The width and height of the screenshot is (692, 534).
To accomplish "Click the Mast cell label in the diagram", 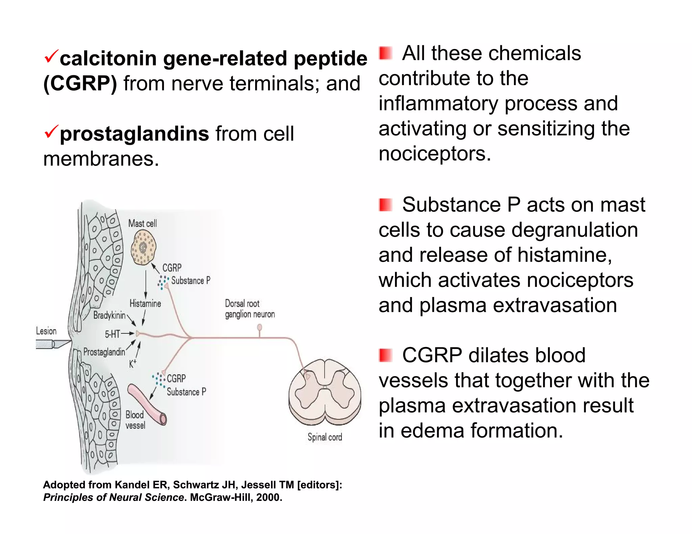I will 142,223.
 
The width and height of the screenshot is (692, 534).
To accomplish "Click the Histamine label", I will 145,303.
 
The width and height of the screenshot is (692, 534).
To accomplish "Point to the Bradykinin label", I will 109,315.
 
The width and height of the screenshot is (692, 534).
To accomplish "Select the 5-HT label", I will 112,334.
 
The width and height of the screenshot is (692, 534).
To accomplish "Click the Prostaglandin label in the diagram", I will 104,352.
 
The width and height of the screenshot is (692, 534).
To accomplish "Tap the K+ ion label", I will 132,364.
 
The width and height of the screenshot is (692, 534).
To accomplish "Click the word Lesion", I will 46,331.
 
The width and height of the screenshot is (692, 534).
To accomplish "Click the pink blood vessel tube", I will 147,404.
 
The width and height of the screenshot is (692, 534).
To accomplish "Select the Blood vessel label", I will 135,420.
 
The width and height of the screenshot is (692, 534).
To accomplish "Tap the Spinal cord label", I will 325,437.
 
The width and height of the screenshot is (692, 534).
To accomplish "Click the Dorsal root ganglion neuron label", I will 249,309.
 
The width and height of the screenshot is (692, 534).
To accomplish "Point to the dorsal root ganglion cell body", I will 259,327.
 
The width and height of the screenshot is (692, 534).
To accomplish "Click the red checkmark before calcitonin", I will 51,56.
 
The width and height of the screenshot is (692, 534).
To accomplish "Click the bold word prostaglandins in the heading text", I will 134,134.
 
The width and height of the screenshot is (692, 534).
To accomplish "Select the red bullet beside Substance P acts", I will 385,205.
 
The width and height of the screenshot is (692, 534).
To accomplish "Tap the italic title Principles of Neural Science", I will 114,497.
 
